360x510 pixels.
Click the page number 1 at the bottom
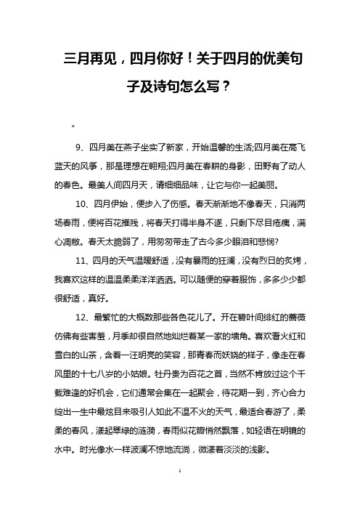[x=179, y=492]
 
